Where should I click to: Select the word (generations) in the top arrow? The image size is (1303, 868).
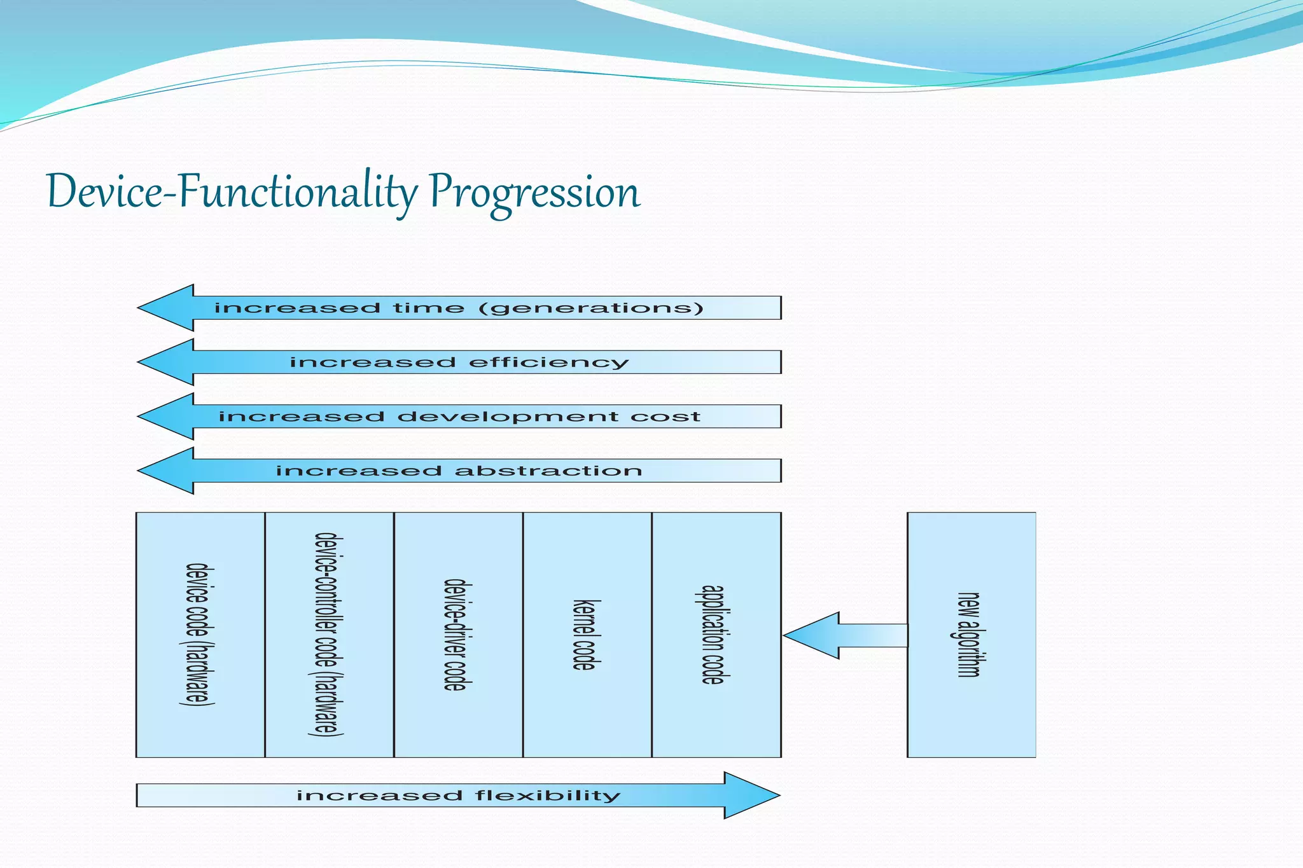[x=590, y=308]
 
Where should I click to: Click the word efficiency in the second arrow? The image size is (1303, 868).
[x=548, y=362]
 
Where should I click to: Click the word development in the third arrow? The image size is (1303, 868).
[x=507, y=417]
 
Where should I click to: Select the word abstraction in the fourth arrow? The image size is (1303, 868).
[x=548, y=471]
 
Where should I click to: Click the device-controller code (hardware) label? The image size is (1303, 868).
[x=329, y=634]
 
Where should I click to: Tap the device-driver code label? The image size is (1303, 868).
[x=457, y=634]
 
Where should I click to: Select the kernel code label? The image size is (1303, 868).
[x=585, y=634]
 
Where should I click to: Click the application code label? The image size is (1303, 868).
[x=713, y=634]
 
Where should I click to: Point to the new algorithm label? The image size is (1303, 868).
[x=970, y=634]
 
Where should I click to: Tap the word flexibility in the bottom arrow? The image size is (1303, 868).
[x=547, y=796]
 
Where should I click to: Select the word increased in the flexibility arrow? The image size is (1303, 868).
[x=379, y=796]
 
